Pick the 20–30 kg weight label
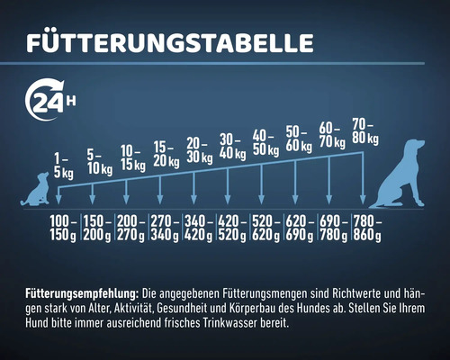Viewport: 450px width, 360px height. click(199, 148)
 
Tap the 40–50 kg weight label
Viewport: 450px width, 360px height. click(265, 141)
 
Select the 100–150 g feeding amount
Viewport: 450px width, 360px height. click(64, 228)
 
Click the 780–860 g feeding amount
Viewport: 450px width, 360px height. click(367, 228)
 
